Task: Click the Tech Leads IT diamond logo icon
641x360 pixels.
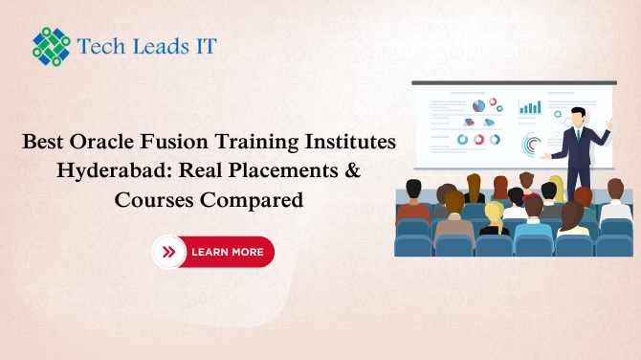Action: click(x=52, y=45)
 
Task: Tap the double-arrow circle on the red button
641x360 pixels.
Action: click(x=169, y=252)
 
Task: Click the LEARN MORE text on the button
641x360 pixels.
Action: click(x=227, y=252)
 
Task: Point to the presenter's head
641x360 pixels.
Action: click(x=577, y=116)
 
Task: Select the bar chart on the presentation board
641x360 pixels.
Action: click(x=529, y=106)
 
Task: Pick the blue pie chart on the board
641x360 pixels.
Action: click(x=478, y=104)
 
